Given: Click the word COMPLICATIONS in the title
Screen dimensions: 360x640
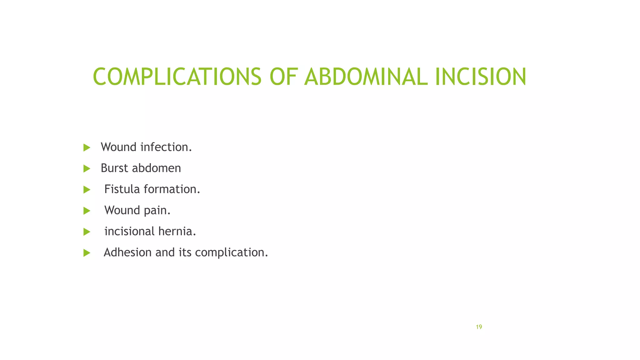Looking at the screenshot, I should point(177,77).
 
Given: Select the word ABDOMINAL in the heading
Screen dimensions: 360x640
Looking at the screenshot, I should point(366,77).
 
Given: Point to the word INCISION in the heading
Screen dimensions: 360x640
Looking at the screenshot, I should point(480,77).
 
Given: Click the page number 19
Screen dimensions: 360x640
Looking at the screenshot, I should point(479,327).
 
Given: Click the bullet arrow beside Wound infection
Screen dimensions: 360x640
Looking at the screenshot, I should point(87,147).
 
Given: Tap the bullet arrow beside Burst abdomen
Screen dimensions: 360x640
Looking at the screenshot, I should point(87,169).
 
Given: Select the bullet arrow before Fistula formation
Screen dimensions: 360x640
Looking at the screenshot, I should point(87,190).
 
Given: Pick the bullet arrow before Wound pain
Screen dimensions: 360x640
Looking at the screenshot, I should point(87,211).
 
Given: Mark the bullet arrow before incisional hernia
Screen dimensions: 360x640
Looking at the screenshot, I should point(87,232).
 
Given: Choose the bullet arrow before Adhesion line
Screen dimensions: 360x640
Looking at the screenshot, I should point(87,253).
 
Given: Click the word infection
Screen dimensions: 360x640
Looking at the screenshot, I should point(166,147).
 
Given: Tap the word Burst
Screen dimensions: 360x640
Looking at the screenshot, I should point(114,168).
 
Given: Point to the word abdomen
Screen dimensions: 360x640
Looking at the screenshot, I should point(157,168).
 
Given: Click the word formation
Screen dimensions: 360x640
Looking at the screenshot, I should point(172,189).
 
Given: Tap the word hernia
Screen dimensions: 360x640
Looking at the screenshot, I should point(177,231).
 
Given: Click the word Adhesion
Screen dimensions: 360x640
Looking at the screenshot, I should point(127,252).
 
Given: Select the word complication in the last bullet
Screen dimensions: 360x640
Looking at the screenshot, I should point(231,252).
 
